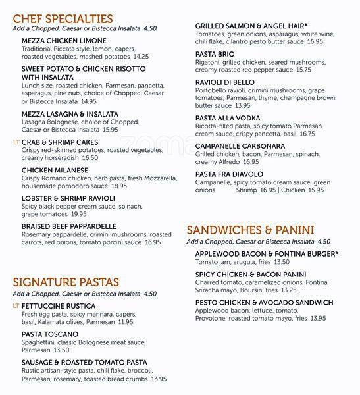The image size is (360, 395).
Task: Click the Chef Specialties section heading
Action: [x=63, y=18]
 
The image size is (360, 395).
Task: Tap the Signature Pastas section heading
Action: [x=66, y=282]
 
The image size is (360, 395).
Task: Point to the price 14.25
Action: [x=136, y=57]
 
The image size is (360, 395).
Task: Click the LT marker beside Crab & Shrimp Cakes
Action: [x=16, y=142]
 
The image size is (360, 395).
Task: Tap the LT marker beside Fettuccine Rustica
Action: [x=16, y=306]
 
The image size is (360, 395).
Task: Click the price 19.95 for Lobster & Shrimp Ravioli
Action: [x=79, y=214]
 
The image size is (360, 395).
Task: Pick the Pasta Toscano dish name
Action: [x=51, y=334]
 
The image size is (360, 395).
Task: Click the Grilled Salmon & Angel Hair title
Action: [x=251, y=26]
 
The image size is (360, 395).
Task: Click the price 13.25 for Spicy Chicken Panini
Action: [x=288, y=290]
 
